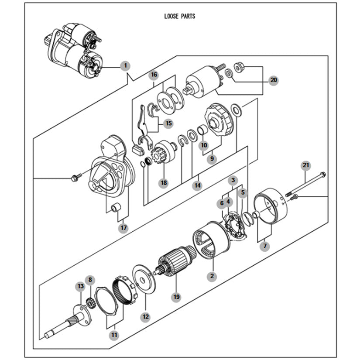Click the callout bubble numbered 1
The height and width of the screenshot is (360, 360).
point(125,65)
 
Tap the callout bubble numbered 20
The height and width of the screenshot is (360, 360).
point(274,80)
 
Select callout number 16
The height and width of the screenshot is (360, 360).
point(154,75)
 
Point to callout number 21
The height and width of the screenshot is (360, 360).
point(306,165)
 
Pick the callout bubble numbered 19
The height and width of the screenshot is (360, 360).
point(176,297)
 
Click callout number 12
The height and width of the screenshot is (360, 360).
point(146,317)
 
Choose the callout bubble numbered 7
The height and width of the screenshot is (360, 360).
point(265,246)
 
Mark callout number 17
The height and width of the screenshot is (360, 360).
point(123,228)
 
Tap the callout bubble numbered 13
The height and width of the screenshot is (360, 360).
point(81,286)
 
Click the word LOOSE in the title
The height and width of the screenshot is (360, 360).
point(171,16)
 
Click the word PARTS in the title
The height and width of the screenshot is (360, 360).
point(188,16)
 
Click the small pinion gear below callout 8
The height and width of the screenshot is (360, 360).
point(90,302)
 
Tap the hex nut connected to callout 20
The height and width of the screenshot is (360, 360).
point(239,67)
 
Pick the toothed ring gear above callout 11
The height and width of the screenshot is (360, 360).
point(124,290)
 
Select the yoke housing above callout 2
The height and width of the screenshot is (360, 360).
point(211,240)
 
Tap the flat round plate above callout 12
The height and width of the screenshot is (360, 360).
point(144,279)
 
